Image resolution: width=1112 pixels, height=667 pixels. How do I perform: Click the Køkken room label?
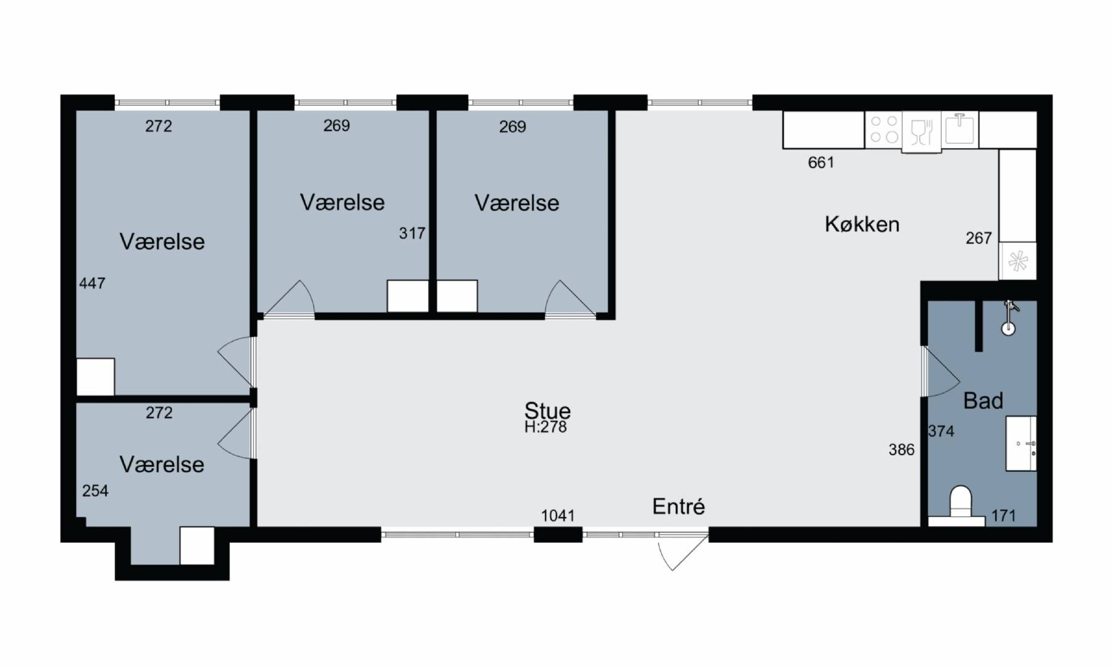pyautogui.click(x=862, y=224)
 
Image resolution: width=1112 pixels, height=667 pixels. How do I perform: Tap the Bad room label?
pyautogui.click(x=983, y=401)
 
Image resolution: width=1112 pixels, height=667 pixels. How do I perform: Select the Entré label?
pyautogui.click(x=678, y=506)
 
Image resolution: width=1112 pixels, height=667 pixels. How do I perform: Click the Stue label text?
pyautogui.click(x=547, y=410)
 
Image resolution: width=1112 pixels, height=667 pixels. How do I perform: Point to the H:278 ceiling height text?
pyautogui.click(x=545, y=427)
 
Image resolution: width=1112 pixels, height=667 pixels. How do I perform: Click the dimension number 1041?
pyautogui.click(x=558, y=516)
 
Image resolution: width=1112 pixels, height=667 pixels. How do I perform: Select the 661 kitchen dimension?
pyautogui.click(x=821, y=162)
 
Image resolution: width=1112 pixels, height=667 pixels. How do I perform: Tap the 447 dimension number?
pyautogui.click(x=92, y=283)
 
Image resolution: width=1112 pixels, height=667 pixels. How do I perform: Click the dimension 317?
pyautogui.click(x=412, y=233)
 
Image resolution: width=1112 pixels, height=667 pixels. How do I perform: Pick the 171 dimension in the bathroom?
pyautogui.click(x=1004, y=516)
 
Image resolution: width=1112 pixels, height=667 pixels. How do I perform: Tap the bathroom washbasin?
pyautogui.click(x=1021, y=443)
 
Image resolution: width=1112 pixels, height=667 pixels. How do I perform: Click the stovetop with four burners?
pyautogui.click(x=883, y=130)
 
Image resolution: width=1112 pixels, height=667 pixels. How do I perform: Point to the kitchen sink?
pyautogui.click(x=959, y=129)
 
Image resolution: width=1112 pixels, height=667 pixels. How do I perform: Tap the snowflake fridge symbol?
pyautogui.click(x=1017, y=261)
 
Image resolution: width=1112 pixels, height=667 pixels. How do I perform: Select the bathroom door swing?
pyautogui.click(x=941, y=372)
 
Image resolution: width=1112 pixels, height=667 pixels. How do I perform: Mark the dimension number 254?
pyautogui.click(x=95, y=491)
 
